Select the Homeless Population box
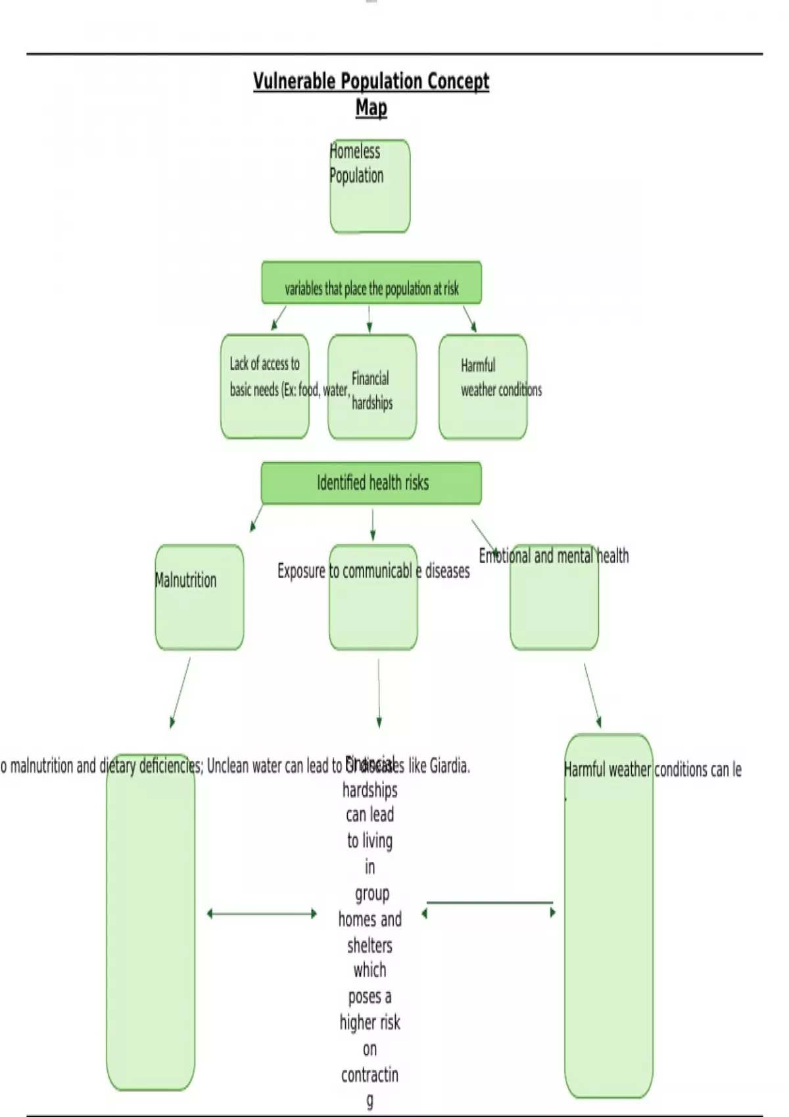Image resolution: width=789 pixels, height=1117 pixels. (x=370, y=186)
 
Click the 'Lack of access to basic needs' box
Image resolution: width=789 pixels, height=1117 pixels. (x=264, y=386)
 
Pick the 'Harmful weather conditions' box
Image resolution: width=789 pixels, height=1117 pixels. (x=483, y=386)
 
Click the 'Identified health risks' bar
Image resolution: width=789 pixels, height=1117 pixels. (x=371, y=483)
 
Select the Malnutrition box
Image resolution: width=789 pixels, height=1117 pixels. (x=199, y=597)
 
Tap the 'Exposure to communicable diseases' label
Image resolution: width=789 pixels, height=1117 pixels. (x=373, y=571)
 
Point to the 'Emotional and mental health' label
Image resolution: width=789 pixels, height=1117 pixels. (x=554, y=556)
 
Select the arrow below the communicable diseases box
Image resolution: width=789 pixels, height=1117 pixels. (x=379, y=693)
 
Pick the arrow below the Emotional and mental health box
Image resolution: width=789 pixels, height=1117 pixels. (x=592, y=695)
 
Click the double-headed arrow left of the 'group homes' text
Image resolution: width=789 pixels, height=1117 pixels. (x=262, y=913)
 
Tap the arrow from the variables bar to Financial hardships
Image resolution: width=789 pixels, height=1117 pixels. (x=370, y=319)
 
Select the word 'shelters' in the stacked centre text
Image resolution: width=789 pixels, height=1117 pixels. (x=370, y=946)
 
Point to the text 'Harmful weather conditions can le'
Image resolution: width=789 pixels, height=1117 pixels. (x=652, y=769)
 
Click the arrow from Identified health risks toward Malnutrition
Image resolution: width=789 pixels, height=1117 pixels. (x=256, y=518)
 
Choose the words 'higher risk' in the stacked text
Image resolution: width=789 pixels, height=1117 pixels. (x=370, y=1022)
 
